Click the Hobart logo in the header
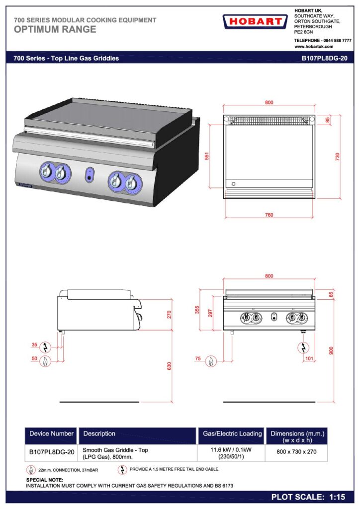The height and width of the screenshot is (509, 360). pos(255,22)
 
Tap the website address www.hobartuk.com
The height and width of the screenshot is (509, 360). pos(314,46)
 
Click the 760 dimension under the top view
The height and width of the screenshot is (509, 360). pos(269,215)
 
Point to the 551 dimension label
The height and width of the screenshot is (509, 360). pos(207,156)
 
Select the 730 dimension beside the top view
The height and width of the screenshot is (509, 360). pos(337,157)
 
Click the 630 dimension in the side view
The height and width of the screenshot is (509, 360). pos(169,366)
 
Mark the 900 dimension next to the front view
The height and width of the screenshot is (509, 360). pos(331,350)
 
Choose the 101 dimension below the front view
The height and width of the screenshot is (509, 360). pos(309,358)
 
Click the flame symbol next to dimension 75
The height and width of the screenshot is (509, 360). pos(211,361)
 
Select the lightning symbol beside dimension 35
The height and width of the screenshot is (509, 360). pos(45,347)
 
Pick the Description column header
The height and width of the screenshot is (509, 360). pos(99,433)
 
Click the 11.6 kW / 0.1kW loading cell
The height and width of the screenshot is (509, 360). pos(231,453)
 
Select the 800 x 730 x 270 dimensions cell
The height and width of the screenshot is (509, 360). pos(296,451)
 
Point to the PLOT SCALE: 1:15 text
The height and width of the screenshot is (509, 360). pos(308,497)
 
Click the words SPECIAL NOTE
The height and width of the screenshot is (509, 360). pos(45,480)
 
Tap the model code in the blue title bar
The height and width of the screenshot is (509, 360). pos(325,59)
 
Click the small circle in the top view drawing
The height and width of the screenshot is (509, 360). pos(233,184)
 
